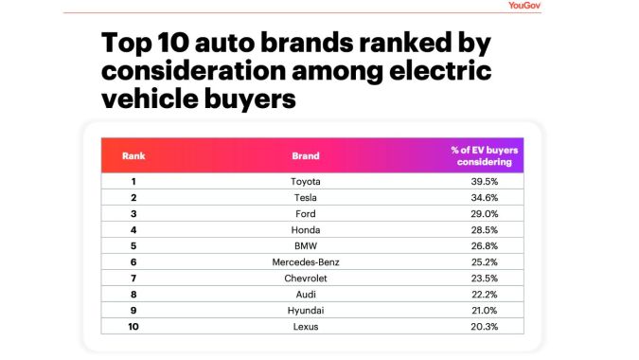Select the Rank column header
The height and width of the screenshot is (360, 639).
[x=133, y=155]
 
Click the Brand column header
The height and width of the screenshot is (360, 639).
[x=306, y=155]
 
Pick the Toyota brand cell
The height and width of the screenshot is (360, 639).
[x=306, y=181]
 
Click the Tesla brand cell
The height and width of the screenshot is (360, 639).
[x=306, y=197]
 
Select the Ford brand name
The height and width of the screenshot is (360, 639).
[x=306, y=213]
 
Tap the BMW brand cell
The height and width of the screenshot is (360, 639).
[x=306, y=245]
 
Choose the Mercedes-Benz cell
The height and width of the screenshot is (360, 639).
[x=306, y=261]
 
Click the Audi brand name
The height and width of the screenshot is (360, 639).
[x=306, y=294]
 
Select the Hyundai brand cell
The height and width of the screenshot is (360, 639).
[x=306, y=310]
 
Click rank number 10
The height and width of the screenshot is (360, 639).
[x=133, y=326]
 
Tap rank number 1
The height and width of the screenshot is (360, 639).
[x=133, y=181]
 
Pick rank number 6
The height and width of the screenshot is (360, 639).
[x=133, y=261]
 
